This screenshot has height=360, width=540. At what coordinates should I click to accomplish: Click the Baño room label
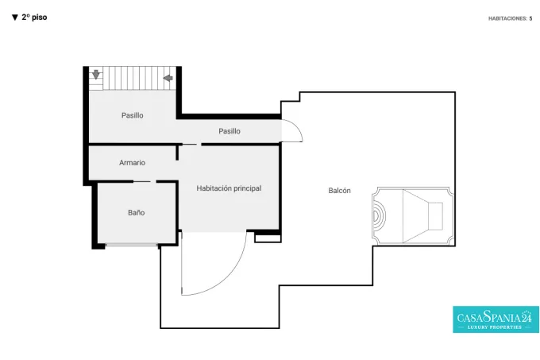136,212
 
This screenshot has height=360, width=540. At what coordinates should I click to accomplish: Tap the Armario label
133,163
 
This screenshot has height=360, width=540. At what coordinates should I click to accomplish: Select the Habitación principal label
229,188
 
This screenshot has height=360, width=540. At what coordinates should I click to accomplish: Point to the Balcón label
340,191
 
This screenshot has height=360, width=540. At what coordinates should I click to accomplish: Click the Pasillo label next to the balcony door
229,131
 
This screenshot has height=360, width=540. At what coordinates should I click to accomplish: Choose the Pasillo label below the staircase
133,115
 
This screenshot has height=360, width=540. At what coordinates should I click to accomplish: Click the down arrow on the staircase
96,74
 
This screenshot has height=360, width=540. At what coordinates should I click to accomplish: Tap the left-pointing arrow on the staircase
168,78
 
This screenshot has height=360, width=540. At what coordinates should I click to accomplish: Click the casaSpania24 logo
496,319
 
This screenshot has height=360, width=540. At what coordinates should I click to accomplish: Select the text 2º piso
34,17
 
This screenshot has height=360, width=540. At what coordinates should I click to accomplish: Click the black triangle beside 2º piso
15,17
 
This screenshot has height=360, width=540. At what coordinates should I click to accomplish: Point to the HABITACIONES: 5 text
510,18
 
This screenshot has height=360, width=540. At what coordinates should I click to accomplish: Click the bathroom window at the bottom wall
132,245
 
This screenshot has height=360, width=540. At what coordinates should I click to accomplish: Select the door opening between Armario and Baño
145,181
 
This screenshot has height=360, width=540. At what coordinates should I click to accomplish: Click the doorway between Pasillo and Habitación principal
191,145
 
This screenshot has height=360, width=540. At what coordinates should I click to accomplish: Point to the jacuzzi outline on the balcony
413,216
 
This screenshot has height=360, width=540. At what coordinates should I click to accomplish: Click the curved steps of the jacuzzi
379,216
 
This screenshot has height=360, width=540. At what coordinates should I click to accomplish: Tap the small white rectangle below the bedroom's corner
268,238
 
